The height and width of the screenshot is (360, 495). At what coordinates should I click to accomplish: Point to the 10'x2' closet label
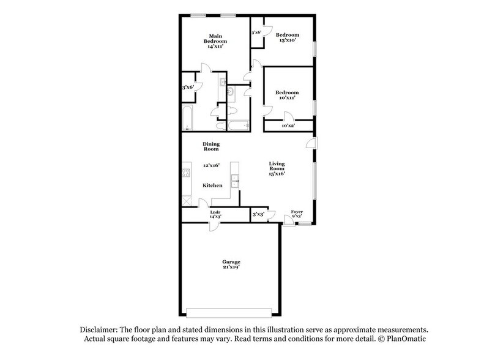coord(288,126)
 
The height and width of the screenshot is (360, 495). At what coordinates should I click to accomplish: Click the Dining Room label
coord(211,146)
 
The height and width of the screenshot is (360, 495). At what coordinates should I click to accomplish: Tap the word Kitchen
coord(212,185)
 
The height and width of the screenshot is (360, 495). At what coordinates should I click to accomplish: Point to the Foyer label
coord(297,211)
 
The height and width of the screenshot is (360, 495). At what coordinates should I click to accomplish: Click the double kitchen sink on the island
coord(234,181)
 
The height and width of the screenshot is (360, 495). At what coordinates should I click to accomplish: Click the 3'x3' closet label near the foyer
coord(258,215)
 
